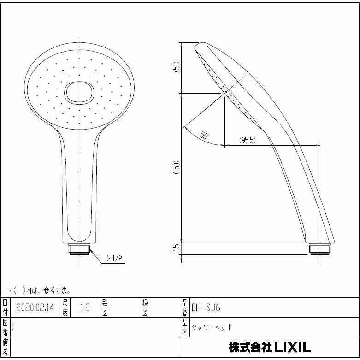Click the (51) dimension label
point(176,67)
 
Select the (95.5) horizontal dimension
point(248,140)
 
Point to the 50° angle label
point(205,136)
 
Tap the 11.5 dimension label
point(176,249)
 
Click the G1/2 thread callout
point(114,259)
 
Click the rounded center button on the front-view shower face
point(79,92)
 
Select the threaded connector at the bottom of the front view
point(80,249)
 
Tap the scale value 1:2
point(84,307)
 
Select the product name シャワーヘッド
point(212,327)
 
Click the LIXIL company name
point(269,347)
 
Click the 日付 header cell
point(5,307)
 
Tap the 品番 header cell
point(185,307)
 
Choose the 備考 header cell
point(5,347)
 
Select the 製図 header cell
point(105,307)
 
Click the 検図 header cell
point(145,307)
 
